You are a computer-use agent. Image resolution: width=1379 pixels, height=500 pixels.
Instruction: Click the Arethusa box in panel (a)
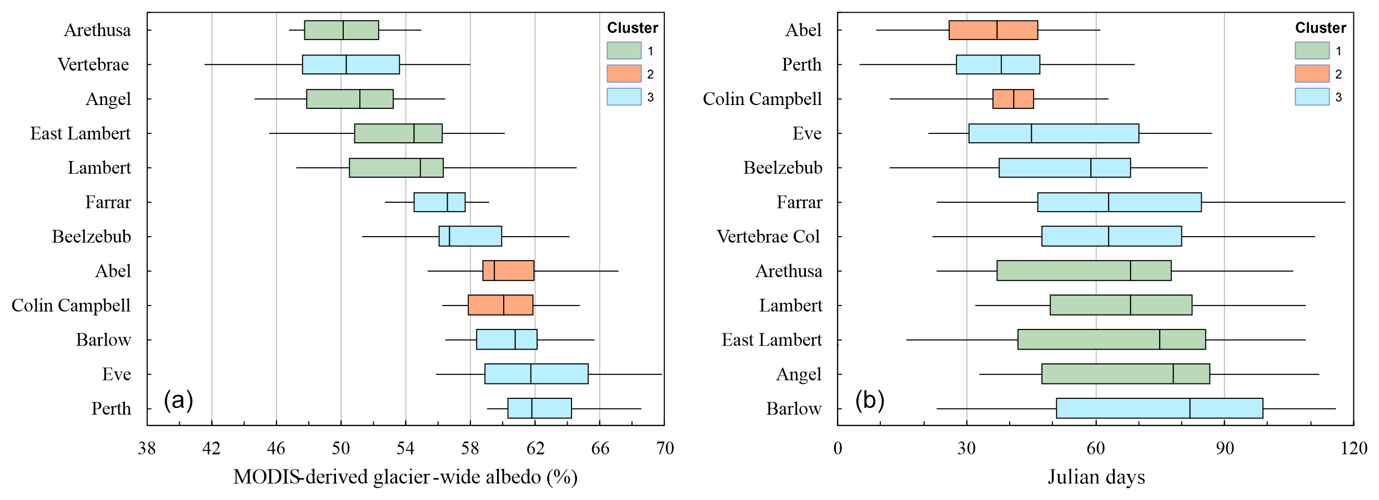point(342,30)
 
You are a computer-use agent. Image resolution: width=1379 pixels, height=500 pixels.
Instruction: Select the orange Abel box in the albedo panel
point(508,271)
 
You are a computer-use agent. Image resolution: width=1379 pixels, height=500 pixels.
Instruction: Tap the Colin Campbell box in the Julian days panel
point(1013,99)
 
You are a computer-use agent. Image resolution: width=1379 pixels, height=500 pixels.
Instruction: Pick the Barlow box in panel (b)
point(1160,408)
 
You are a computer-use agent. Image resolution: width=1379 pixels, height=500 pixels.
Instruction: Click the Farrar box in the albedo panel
point(439,202)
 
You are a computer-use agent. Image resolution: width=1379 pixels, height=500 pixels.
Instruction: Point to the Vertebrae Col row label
point(768,237)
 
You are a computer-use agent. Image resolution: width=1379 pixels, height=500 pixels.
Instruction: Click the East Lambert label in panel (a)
point(81,133)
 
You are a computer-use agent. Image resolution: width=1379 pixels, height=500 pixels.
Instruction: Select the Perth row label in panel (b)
point(801,64)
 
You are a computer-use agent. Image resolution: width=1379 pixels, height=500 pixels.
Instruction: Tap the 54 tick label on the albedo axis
point(405,448)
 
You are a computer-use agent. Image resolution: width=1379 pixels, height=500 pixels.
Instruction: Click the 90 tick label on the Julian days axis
point(1225,448)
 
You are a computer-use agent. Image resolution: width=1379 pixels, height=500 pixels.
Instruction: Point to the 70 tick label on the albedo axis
point(665,448)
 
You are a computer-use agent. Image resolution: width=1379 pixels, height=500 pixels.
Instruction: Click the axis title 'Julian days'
point(1096,477)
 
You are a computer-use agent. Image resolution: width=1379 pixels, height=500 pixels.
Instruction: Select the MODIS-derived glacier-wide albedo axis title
point(405,477)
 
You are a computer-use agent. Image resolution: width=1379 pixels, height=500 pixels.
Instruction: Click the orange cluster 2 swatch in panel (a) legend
point(624,73)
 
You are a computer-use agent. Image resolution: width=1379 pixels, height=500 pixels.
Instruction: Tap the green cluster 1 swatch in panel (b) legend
point(1312,51)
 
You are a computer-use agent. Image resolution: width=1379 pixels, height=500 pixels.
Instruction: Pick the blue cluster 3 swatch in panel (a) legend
point(624,97)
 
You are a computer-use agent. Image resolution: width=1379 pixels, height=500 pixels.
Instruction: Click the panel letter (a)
point(178,400)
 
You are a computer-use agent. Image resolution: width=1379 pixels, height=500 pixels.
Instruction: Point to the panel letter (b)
point(870,400)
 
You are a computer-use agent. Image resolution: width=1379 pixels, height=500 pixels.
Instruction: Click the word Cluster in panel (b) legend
point(1321,28)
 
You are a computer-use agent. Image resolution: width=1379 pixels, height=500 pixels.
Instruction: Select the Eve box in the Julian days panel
point(1054,133)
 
